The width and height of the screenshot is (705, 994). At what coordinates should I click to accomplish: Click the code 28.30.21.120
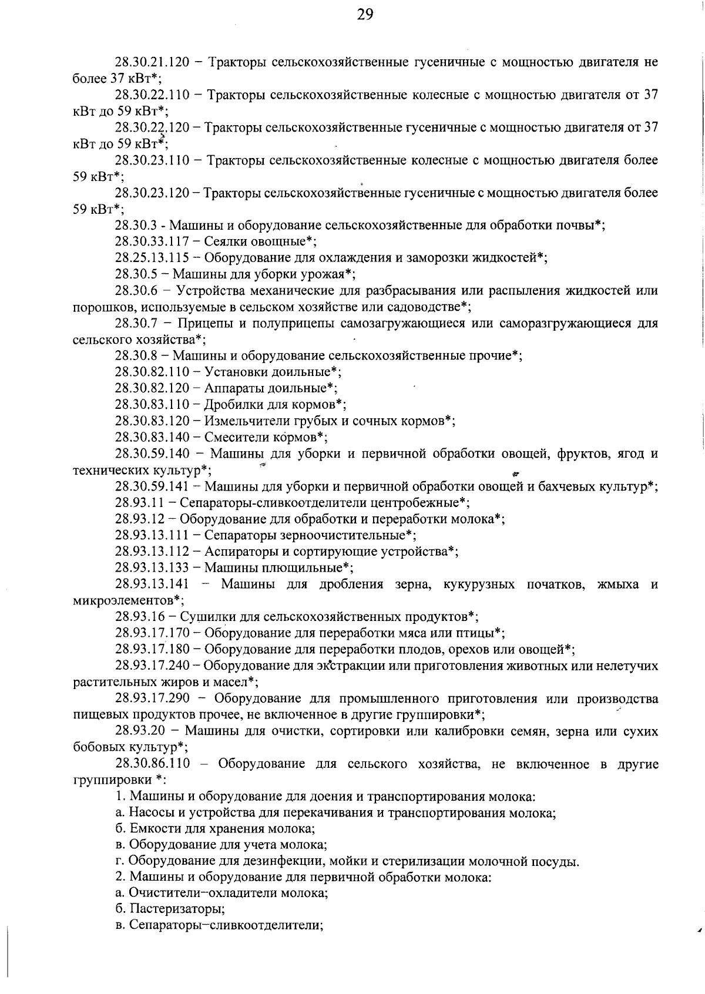[x=152, y=62]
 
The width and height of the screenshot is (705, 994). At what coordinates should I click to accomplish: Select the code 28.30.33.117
[x=152, y=241]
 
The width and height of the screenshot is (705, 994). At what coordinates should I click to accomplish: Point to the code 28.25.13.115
[x=152, y=257]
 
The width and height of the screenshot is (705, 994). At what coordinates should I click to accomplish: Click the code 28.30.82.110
[x=152, y=372]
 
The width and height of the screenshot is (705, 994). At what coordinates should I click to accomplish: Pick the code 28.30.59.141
[x=152, y=486]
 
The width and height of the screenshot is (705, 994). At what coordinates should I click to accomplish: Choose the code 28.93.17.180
[x=152, y=650]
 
